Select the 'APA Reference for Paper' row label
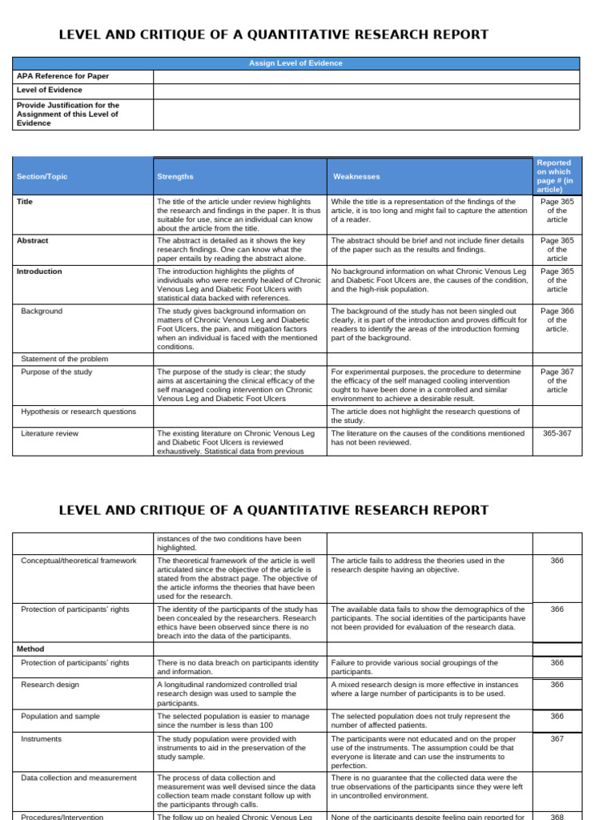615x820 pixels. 62,76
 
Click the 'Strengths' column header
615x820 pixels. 175,176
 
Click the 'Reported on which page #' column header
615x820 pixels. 557,176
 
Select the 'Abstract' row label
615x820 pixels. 33,240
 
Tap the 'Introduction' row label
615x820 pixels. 39,271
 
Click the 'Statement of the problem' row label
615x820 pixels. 64,359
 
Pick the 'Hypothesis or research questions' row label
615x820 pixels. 78,412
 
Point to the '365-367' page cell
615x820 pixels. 557,433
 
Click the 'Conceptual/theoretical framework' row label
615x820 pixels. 78,561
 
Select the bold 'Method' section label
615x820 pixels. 30,649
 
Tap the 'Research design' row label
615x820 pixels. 51,685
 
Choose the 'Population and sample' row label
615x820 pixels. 61,716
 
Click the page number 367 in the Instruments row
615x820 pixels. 557,739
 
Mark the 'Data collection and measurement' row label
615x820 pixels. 78,778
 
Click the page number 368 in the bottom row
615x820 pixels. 557,818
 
